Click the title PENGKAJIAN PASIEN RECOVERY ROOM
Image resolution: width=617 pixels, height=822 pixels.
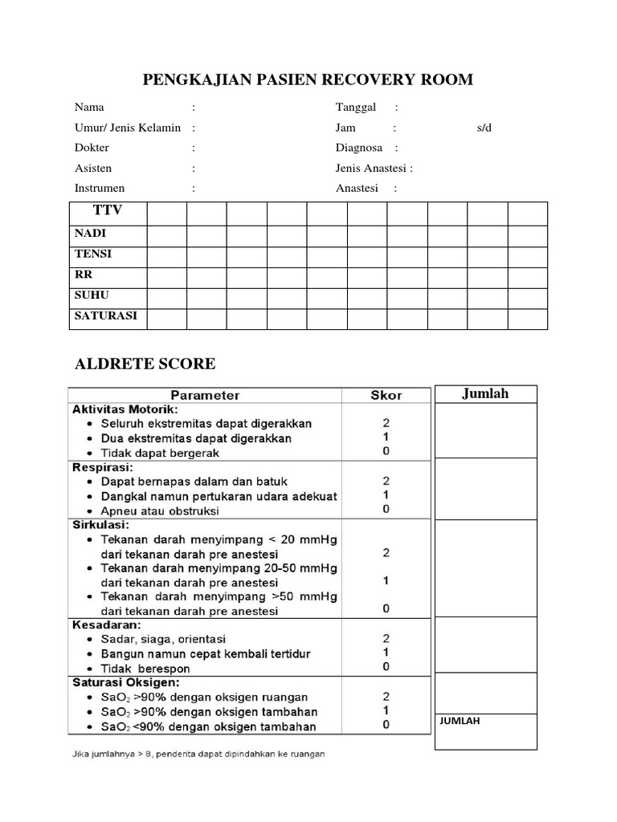tap(308, 79)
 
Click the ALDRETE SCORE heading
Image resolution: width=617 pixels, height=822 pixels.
tap(145, 364)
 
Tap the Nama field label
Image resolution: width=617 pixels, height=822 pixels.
tap(89, 107)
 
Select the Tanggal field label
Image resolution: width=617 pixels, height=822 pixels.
tap(356, 107)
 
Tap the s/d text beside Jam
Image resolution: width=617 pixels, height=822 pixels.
tap(484, 128)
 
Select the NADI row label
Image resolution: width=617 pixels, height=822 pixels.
tap(90, 234)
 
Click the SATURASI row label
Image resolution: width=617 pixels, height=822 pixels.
tap(105, 316)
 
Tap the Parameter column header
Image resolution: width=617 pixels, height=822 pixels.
tap(205, 395)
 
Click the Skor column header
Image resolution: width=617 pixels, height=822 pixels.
tap(386, 395)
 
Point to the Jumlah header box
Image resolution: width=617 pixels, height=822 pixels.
tap(486, 393)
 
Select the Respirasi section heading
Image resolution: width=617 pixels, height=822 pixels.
tap(104, 466)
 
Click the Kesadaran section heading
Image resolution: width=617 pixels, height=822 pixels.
tap(106, 624)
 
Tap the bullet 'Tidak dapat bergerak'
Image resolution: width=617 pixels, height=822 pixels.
tap(160, 453)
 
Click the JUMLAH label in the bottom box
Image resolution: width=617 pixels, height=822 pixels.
tap(460, 722)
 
